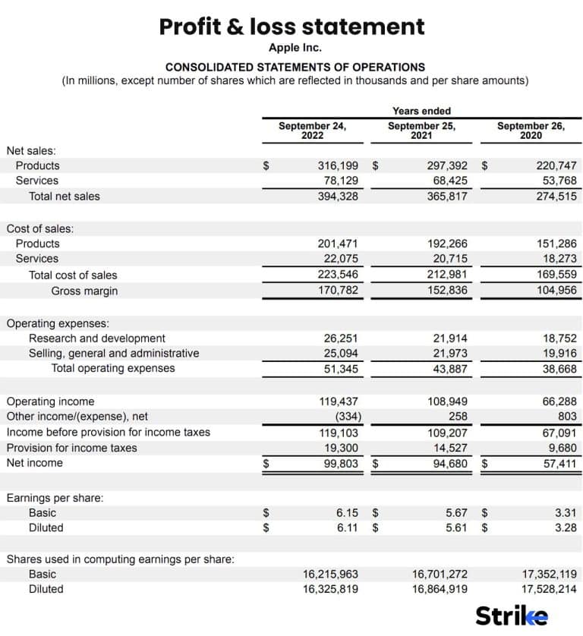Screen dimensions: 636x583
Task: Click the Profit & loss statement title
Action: [x=291, y=27]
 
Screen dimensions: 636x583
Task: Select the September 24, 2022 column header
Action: [x=312, y=131]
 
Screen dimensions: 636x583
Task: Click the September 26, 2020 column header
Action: [x=531, y=131]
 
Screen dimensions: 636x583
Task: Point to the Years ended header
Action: [x=421, y=111]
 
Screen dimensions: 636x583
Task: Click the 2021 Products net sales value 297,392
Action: [x=447, y=165]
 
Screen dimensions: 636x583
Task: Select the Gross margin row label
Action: [x=84, y=291]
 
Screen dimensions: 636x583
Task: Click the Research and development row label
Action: [x=96, y=338]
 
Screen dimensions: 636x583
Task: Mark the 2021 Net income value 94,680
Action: [x=450, y=463]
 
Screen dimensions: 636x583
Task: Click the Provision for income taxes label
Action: [x=71, y=448]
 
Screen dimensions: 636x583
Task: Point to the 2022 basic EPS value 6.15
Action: [x=347, y=513]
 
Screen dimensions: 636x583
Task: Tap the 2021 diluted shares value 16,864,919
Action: [x=440, y=589]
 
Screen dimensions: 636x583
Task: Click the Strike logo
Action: [x=511, y=616]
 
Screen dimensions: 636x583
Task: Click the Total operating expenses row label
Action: [x=112, y=369]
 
